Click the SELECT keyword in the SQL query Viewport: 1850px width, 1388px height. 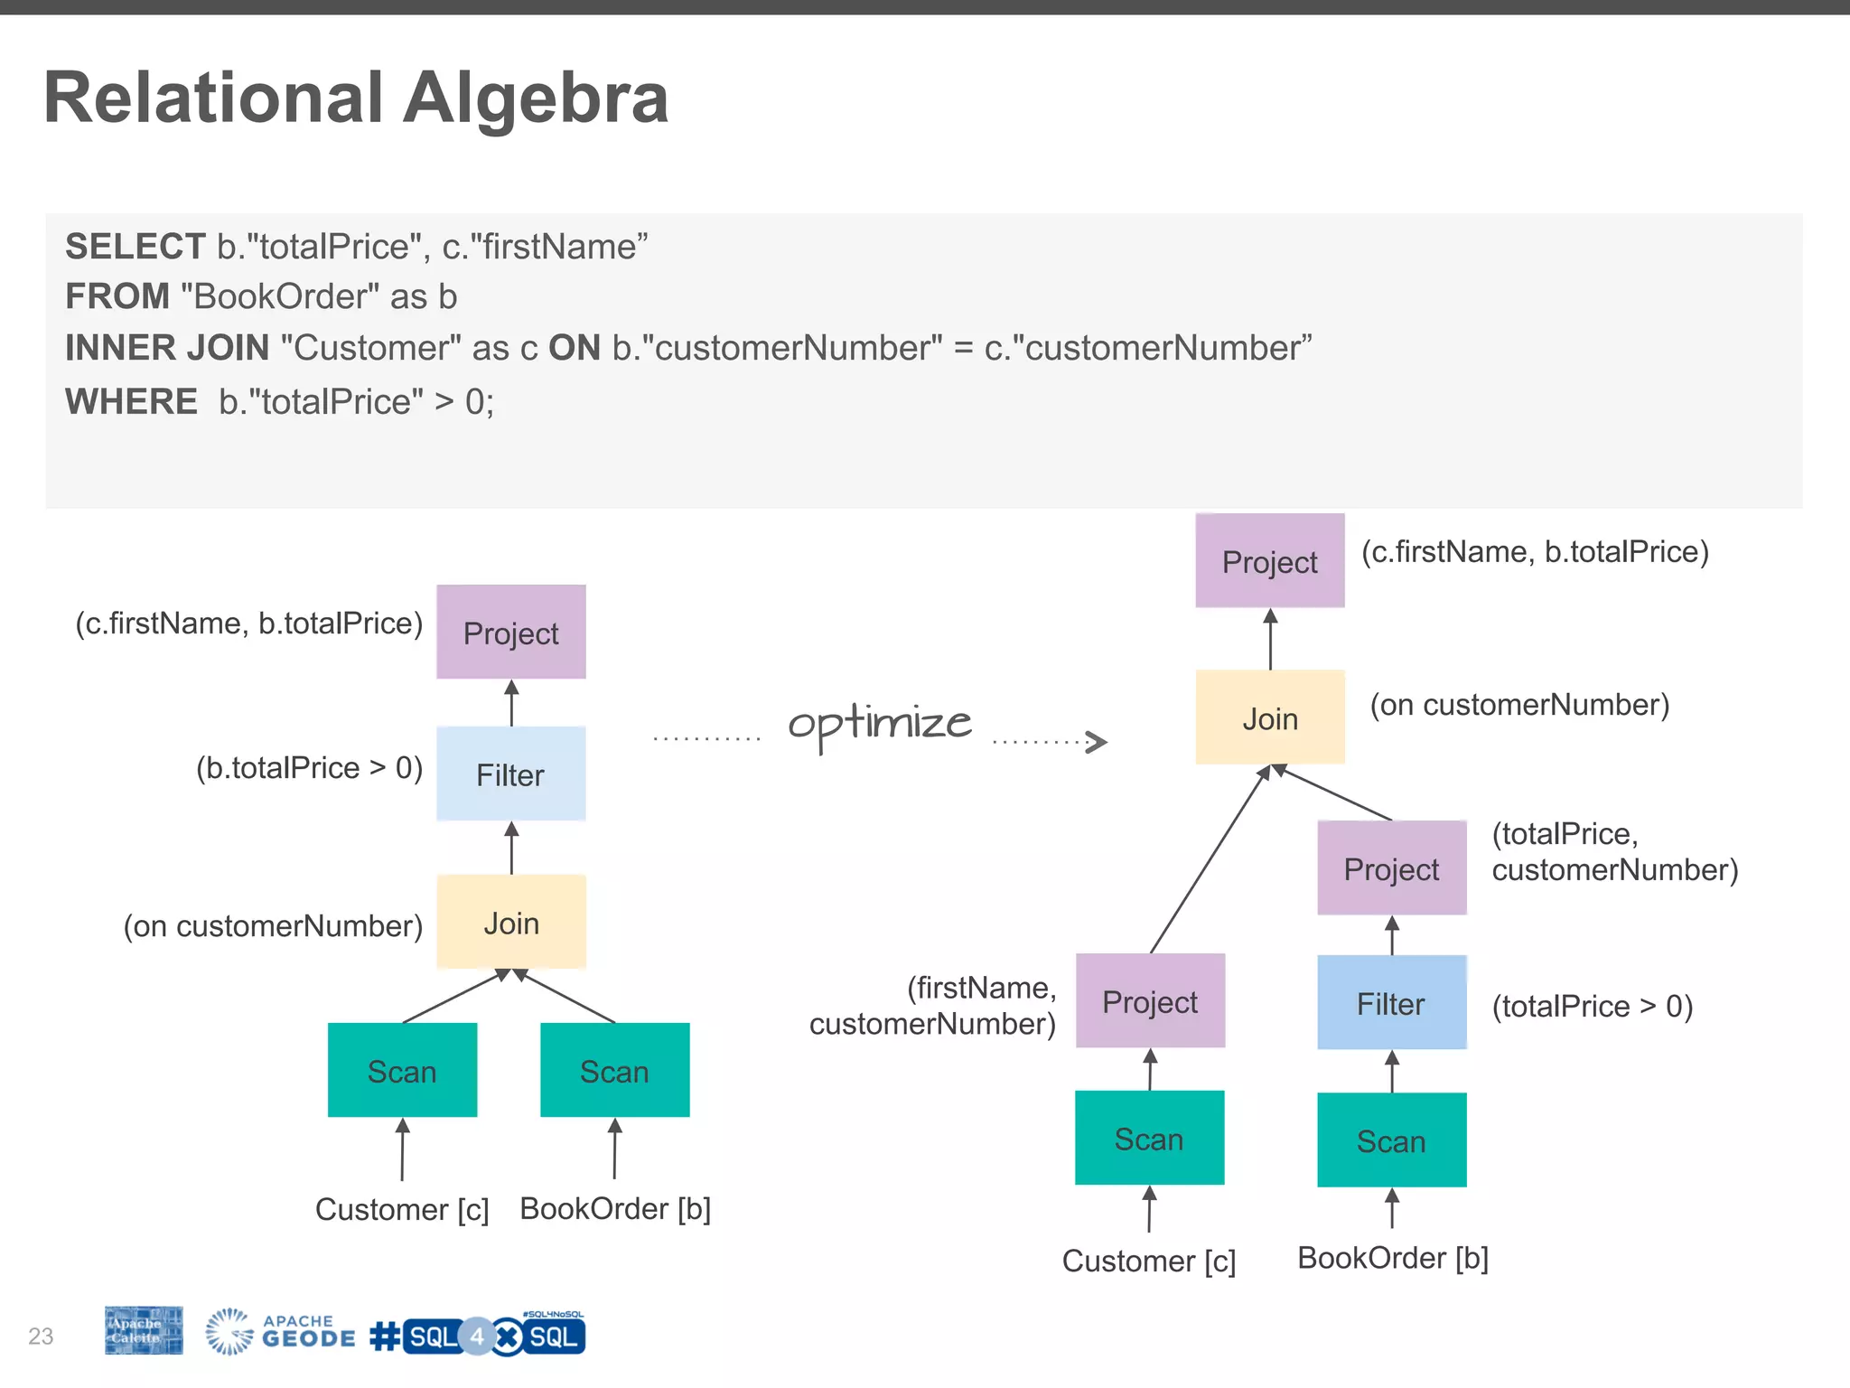(135, 247)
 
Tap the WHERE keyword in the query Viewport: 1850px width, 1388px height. (131, 401)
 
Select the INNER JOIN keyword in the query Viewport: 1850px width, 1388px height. (167, 348)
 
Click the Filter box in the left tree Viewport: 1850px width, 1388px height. (510, 774)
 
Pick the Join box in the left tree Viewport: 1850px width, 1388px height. (510, 923)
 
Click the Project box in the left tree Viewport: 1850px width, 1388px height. (510, 633)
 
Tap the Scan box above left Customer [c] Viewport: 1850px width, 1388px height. (402, 1071)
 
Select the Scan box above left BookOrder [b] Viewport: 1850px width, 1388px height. (614, 1071)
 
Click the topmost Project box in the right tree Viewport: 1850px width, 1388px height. (1269, 561)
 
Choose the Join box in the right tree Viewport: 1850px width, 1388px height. (1269, 718)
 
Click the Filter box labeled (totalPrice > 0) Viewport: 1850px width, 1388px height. (1391, 1003)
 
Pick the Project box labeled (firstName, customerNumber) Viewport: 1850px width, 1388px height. (1150, 1001)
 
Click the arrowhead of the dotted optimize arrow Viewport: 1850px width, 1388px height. (1097, 742)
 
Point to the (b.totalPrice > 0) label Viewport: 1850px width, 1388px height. (309, 768)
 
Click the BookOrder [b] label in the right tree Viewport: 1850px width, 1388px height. (1392, 1258)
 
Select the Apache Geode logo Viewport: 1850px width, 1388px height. (280, 1332)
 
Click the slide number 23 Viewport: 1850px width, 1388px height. (41, 1336)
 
